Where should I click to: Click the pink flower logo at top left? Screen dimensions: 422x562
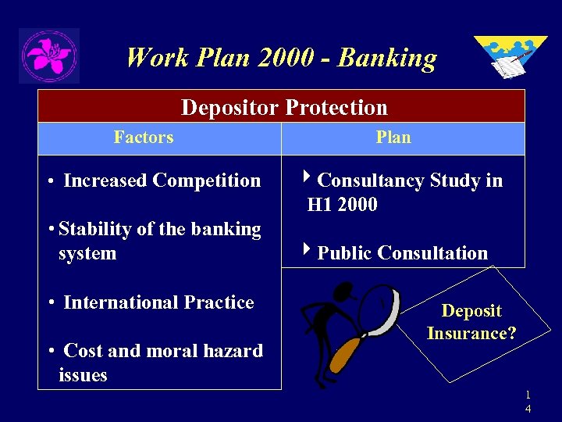tap(48, 55)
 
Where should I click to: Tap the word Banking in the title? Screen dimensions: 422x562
tap(388, 58)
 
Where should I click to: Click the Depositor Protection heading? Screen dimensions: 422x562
tap(283, 107)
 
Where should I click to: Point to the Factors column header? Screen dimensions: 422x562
tap(144, 138)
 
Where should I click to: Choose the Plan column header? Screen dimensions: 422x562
tap(393, 138)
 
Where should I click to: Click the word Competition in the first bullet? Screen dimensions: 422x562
tap(207, 181)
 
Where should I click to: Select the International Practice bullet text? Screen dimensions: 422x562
tap(158, 302)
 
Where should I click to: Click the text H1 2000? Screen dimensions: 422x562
tap(342, 205)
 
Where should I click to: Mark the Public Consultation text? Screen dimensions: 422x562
tap(402, 253)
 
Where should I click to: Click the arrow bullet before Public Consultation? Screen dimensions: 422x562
tap(307, 252)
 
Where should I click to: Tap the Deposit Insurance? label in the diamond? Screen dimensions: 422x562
tap(471, 322)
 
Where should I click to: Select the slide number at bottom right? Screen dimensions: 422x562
tap(528, 402)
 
